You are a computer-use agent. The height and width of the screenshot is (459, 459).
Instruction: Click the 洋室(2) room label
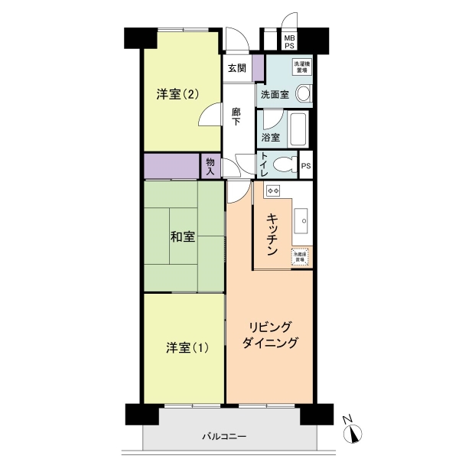point(178,94)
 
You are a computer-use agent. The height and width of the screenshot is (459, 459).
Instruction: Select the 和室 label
point(181,236)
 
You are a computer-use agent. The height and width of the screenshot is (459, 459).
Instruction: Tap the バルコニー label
point(224,436)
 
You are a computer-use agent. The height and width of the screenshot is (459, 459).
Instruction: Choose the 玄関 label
point(236,68)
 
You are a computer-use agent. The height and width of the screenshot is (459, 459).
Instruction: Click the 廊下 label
point(237,116)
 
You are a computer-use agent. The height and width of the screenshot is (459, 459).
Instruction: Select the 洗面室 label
point(274,96)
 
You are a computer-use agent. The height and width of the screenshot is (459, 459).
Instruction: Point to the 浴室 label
point(270,138)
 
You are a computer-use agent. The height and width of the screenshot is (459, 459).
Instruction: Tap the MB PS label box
point(290,41)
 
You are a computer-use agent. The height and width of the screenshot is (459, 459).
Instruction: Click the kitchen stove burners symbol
point(273,189)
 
